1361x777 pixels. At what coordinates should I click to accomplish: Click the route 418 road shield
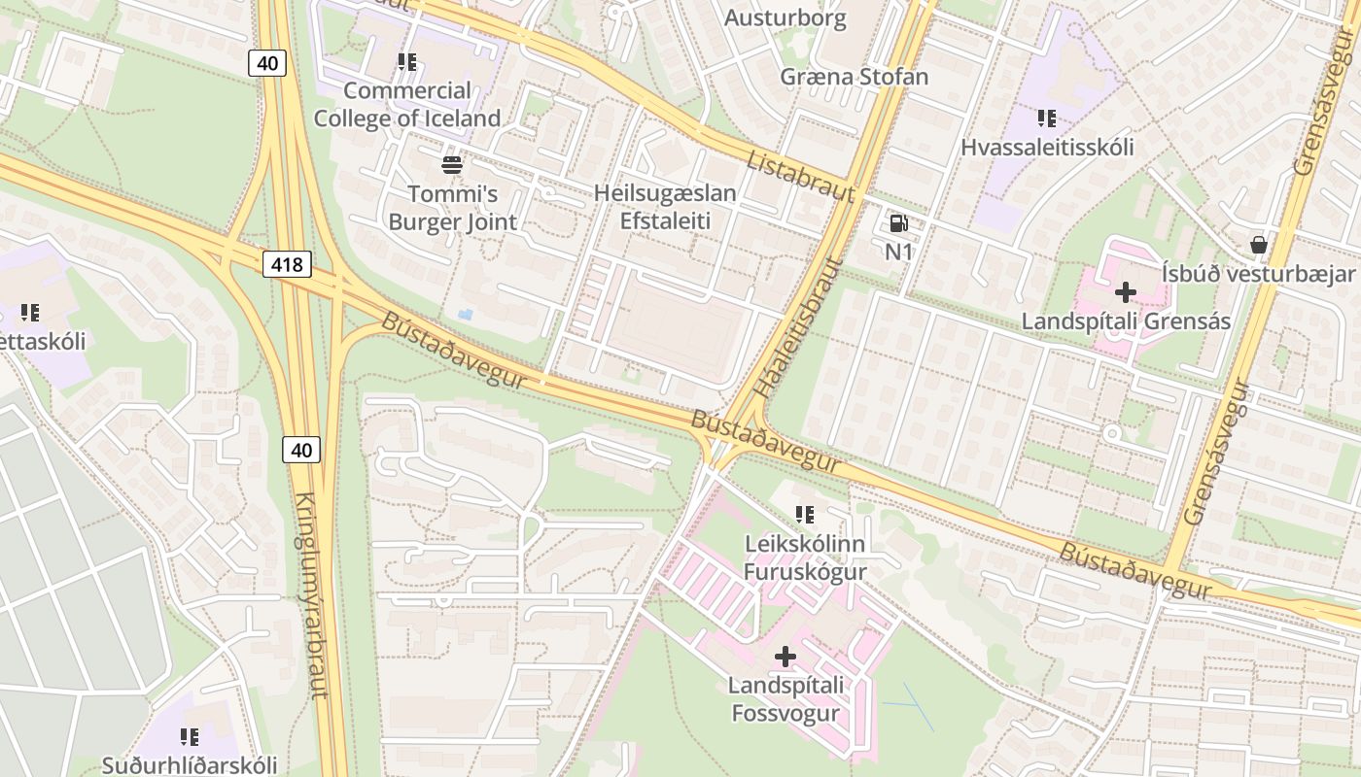tap(287, 264)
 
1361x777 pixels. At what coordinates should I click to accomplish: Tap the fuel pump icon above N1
tap(898, 223)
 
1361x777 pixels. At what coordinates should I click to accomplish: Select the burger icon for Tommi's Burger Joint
tap(452, 164)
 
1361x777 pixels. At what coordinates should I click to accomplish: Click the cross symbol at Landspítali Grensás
tap(1126, 291)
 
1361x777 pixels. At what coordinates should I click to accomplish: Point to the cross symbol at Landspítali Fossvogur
tap(785, 658)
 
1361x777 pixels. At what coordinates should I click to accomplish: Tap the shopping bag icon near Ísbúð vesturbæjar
tap(1258, 244)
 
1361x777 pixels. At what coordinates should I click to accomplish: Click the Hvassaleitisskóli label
tap(1047, 148)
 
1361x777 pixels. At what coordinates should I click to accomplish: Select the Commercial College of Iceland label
tap(407, 104)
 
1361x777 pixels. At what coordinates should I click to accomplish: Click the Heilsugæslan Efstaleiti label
tap(665, 207)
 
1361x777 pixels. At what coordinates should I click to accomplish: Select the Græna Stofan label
tap(855, 76)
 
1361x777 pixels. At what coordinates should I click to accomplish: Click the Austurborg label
tap(785, 17)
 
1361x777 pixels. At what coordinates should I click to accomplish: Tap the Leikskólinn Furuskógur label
tap(804, 557)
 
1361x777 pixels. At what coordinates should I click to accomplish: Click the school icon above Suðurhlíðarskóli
tap(190, 737)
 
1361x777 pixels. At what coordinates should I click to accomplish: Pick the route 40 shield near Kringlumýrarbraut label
tap(301, 450)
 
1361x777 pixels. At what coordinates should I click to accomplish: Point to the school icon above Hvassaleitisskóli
tap(1046, 118)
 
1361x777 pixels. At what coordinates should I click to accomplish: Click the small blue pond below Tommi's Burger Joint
tap(466, 315)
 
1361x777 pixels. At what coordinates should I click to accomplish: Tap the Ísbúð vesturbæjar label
tap(1258, 273)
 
